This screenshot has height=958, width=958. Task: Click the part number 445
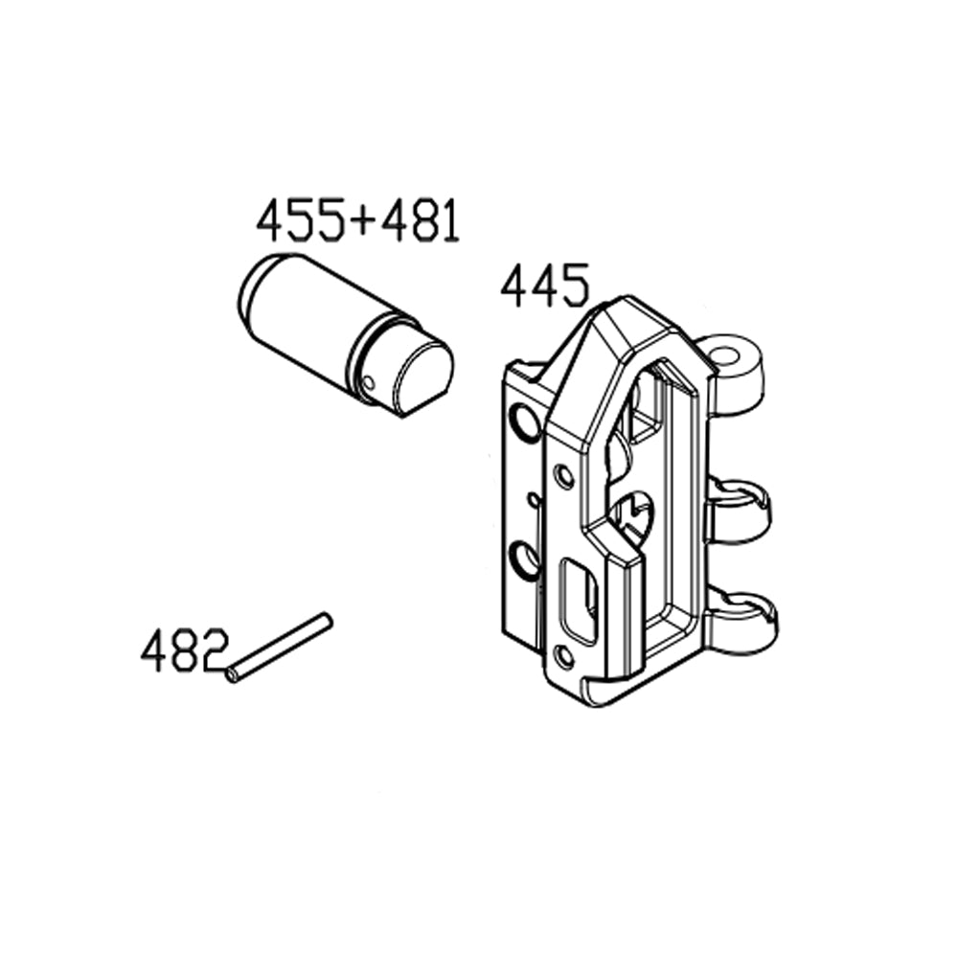tap(543, 286)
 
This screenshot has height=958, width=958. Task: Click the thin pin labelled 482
tap(280, 648)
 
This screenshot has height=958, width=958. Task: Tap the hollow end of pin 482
tap(233, 674)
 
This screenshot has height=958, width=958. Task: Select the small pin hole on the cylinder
tap(369, 383)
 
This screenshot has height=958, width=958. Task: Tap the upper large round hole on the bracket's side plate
tap(526, 421)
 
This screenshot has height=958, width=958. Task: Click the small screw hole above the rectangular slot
tap(565, 474)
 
